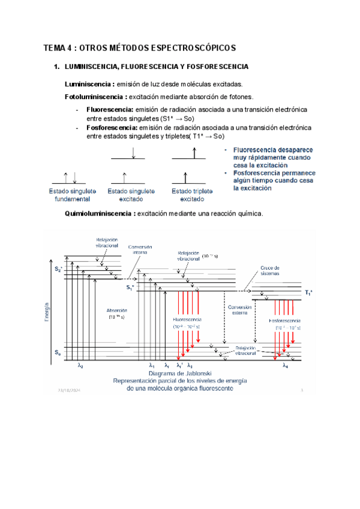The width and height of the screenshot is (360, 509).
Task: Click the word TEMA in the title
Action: pos(55,47)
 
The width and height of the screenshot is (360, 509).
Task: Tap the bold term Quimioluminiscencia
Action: pos(99,214)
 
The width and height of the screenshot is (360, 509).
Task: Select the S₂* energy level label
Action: pos(58,269)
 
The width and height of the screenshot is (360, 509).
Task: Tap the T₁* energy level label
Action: pos(308,293)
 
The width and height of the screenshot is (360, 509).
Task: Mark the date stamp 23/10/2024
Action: pos(70,391)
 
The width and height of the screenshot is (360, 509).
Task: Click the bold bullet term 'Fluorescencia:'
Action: pos(110,110)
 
